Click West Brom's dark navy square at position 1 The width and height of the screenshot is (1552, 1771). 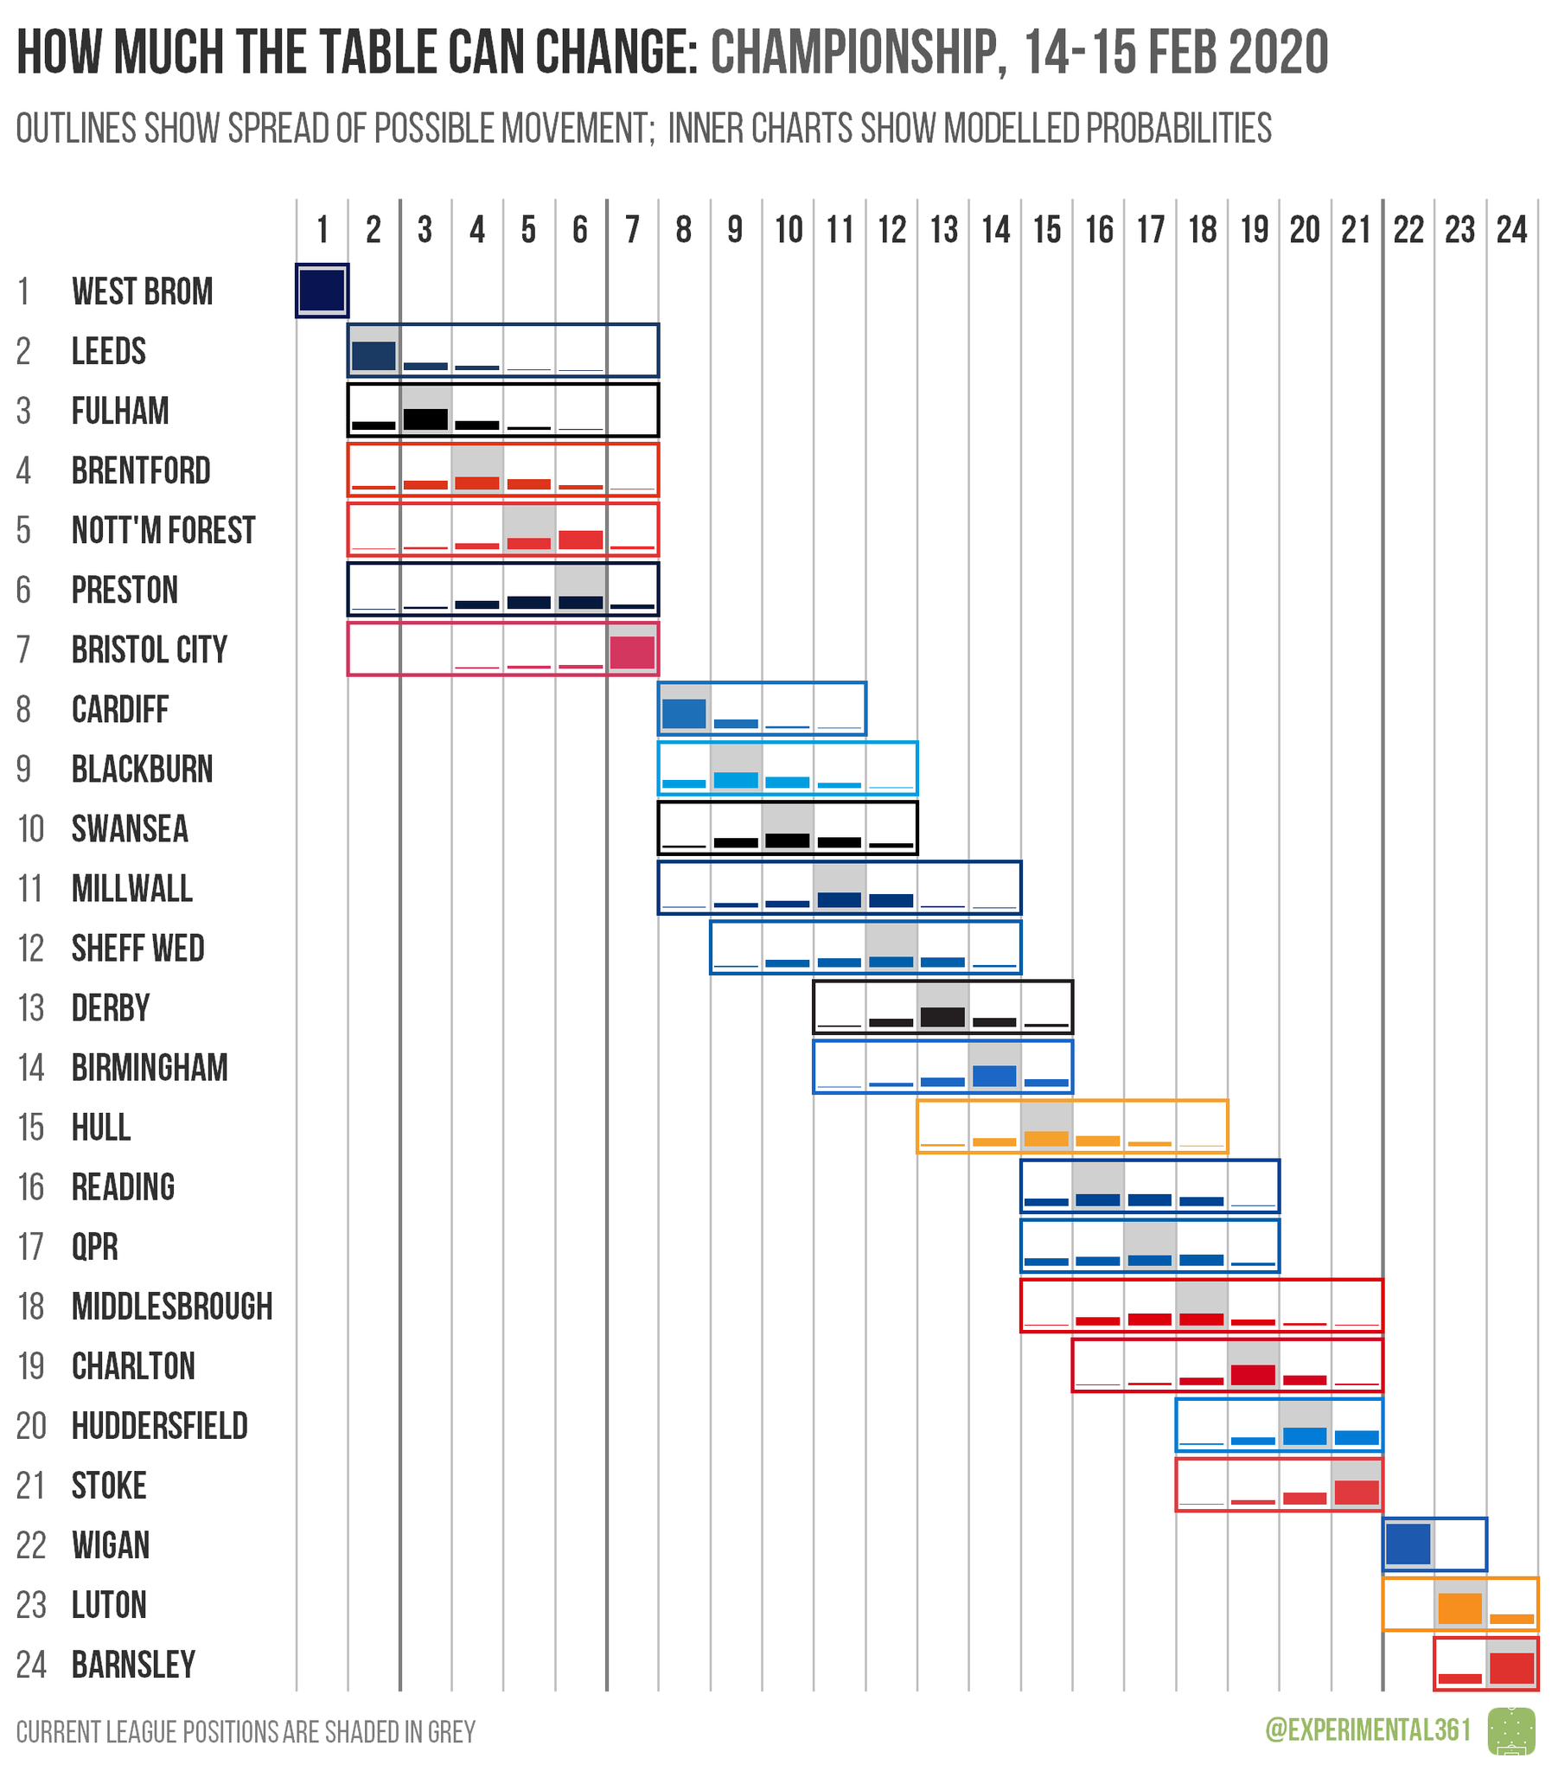point(322,290)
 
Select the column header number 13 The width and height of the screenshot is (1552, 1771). point(943,230)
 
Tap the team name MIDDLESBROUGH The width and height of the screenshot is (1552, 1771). point(171,1307)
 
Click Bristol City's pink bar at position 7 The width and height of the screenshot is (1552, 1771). point(632,653)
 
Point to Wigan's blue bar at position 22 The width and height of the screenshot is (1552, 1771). point(1408,1544)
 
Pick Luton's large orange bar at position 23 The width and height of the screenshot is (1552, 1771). point(1459,1608)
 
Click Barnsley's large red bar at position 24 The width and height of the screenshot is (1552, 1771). point(1511,1668)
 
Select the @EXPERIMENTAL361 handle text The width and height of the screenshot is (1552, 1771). point(1368,1730)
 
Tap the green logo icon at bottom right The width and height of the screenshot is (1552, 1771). point(1510,1731)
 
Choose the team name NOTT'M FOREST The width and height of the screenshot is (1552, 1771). point(163,530)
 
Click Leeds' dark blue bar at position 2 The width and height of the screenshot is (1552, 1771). point(374,356)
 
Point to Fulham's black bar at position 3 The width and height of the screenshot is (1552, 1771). point(425,419)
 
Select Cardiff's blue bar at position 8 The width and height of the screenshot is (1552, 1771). point(684,713)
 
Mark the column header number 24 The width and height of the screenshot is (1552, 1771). point(1511,230)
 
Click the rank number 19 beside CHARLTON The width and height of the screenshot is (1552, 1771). point(31,1366)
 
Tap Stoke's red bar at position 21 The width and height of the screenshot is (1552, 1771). point(1357,1493)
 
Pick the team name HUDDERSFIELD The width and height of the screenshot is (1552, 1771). point(159,1426)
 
